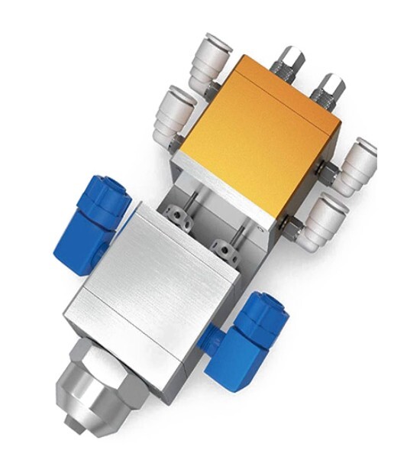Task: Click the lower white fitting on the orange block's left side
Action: click(x=172, y=115)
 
